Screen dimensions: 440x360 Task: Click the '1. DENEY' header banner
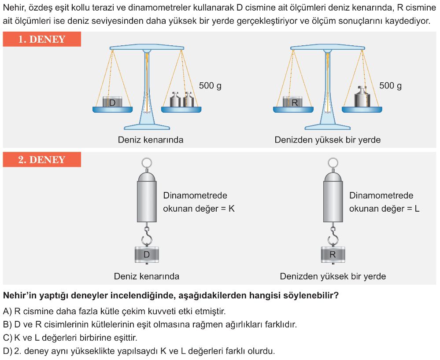pos(42,39)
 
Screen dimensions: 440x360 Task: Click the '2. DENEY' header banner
pos(42,159)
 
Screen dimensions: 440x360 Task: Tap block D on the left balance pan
pos(112,102)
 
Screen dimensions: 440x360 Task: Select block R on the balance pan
pos(293,102)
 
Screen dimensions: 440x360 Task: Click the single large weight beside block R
pos(362,97)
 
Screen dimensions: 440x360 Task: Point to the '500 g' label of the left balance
pos(210,85)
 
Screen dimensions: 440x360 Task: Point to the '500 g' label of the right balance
pos(390,85)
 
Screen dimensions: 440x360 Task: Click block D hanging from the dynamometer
pos(147,254)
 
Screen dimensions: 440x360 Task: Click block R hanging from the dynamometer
pos(333,254)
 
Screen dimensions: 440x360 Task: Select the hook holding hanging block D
pos(147,235)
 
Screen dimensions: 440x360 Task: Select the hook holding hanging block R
pos(333,235)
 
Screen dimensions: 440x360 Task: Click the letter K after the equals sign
pos(232,209)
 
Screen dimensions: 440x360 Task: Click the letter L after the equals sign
pos(417,209)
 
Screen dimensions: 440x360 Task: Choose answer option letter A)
pos(7,311)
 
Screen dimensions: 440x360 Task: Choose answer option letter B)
pos(7,324)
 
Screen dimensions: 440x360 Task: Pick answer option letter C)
pos(7,338)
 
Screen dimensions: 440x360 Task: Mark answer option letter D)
pos(7,351)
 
